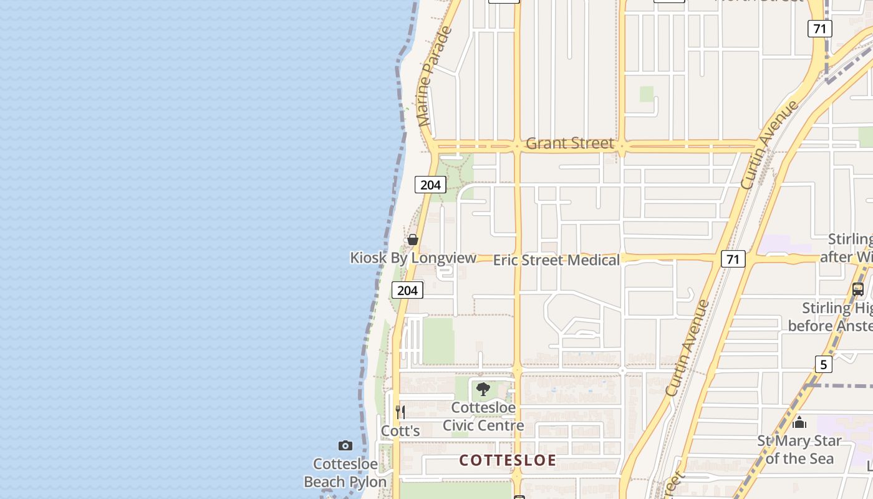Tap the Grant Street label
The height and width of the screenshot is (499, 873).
click(x=570, y=143)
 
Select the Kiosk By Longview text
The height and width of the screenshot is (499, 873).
click(x=413, y=258)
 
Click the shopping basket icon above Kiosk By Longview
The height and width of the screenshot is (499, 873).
click(x=412, y=240)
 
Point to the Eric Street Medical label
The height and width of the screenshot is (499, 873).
click(x=556, y=260)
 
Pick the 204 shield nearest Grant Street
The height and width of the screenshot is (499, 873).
click(x=430, y=185)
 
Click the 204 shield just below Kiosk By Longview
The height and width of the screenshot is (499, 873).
click(x=407, y=290)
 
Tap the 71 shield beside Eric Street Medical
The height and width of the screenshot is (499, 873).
click(x=733, y=259)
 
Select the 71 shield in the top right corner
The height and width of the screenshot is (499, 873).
click(x=819, y=29)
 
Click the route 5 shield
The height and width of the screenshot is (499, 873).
click(x=823, y=364)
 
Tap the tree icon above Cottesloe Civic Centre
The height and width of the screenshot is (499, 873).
click(x=483, y=390)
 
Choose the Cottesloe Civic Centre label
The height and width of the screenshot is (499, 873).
click(x=483, y=417)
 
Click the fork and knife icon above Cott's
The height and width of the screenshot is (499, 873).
click(x=400, y=412)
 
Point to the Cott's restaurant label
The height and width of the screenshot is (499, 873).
click(x=400, y=431)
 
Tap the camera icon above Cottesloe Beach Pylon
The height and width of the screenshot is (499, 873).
click(x=345, y=445)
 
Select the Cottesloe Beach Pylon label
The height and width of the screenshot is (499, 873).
click(x=345, y=473)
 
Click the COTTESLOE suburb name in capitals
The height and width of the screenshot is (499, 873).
click(x=508, y=460)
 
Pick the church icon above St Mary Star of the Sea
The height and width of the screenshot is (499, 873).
click(x=799, y=423)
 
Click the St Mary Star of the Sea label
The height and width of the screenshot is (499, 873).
click(x=799, y=450)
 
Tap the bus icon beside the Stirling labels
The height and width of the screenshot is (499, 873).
click(x=858, y=289)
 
